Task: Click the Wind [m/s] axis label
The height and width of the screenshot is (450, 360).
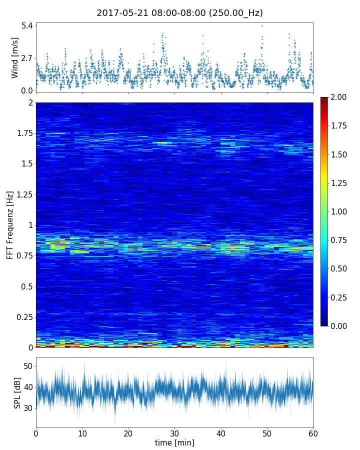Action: (x=15, y=57)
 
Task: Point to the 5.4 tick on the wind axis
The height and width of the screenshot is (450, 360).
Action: (x=26, y=25)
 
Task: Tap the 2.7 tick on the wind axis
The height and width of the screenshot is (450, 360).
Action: (x=26, y=58)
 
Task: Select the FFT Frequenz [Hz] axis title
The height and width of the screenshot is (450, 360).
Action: (x=10, y=224)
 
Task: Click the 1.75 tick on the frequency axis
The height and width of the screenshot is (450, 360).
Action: (x=23, y=133)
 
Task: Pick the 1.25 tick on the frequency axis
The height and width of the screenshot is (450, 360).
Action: (x=23, y=195)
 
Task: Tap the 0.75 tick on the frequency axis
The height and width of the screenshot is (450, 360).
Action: (x=23, y=256)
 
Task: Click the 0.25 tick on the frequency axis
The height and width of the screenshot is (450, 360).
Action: (x=23, y=317)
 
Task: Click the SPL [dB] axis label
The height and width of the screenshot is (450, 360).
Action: (x=17, y=392)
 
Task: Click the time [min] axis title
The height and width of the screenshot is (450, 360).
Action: (x=174, y=442)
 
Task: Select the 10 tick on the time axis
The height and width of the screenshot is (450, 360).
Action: (x=82, y=432)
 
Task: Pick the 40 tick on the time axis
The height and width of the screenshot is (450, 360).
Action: (x=220, y=432)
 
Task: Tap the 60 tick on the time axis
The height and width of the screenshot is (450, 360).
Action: (x=313, y=432)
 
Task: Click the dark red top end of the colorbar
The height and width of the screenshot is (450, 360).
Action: (x=324, y=99)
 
